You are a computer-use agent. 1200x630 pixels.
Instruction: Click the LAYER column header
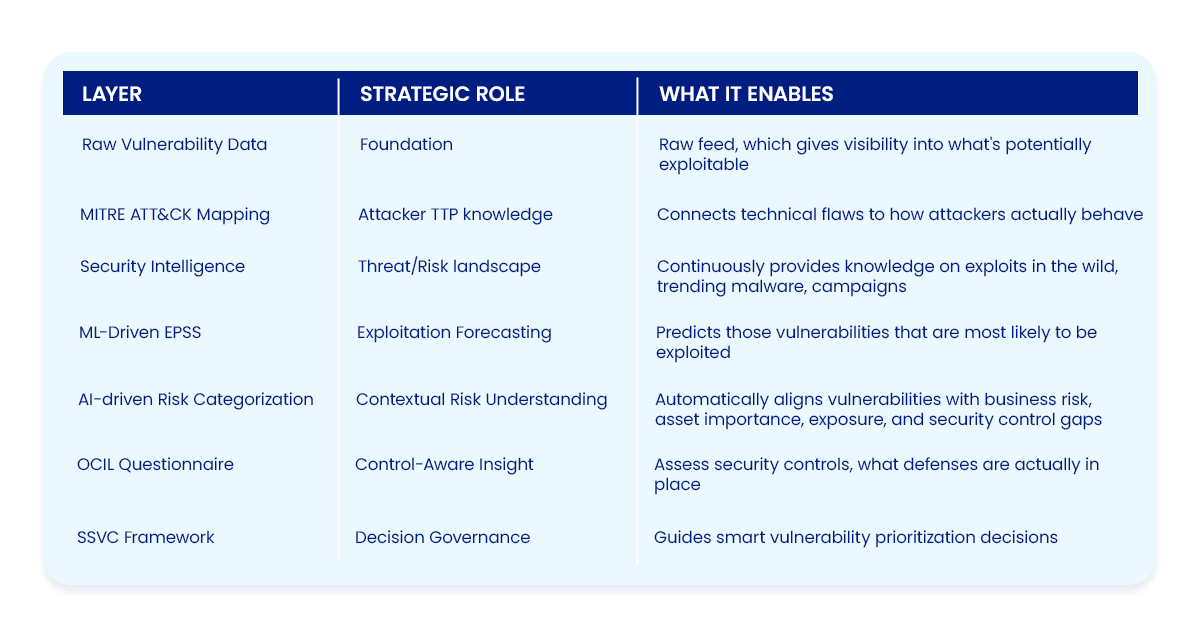click(x=111, y=94)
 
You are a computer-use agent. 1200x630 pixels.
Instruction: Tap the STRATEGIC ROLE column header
click(x=442, y=94)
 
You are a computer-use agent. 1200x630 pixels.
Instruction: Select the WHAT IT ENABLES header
click(x=746, y=94)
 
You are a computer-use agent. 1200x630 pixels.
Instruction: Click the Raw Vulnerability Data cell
click(x=174, y=145)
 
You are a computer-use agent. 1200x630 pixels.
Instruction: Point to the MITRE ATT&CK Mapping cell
click(x=175, y=215)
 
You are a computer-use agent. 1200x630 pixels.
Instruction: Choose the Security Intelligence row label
click(x=162, y=266)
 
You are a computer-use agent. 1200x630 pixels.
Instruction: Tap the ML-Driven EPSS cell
click(x=140, y=332)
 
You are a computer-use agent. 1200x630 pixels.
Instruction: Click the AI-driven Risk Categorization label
click(x=196, y=400)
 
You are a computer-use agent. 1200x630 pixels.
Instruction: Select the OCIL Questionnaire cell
click(x=155, y=464)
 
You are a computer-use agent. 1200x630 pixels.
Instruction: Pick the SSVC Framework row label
click(x=146, y=537)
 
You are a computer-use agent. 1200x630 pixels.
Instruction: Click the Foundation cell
click(x=406, y=144)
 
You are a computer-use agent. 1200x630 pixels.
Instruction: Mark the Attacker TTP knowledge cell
click(x=455, y=215)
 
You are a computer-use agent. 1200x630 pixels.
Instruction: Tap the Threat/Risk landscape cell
click(x=449, y=266)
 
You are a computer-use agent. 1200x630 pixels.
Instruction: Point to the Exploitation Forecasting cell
click(x=454, y=333)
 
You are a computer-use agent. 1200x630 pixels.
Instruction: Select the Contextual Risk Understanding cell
click(x=481, y=400)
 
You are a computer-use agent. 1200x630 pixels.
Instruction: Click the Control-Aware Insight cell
click(x=444, y=464)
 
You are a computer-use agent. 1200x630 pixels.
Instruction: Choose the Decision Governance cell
click(x=442, y=537)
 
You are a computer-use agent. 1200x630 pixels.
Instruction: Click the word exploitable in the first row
click(x=703, y=165)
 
